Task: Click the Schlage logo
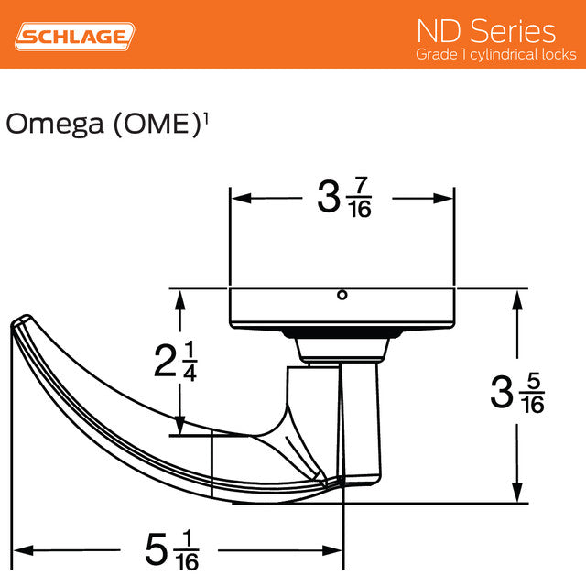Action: (x=76, y=36)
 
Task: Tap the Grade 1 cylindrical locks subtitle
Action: (x=495, y=55)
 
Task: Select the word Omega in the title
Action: (x=55, y=124)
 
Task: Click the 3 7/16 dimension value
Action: (x=343, y=198)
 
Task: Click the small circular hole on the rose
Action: (x=342, y=295)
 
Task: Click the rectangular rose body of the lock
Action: (x=342, y=307)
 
